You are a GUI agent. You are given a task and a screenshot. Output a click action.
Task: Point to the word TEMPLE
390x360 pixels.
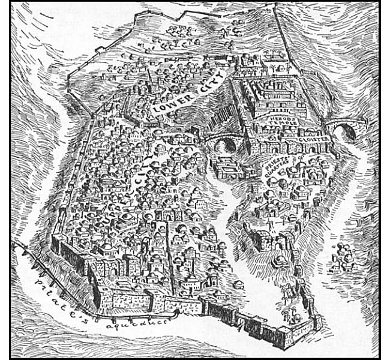[x=280, y=127]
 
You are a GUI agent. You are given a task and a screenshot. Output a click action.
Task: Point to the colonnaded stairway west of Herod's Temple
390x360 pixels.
[x=240, y=102]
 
